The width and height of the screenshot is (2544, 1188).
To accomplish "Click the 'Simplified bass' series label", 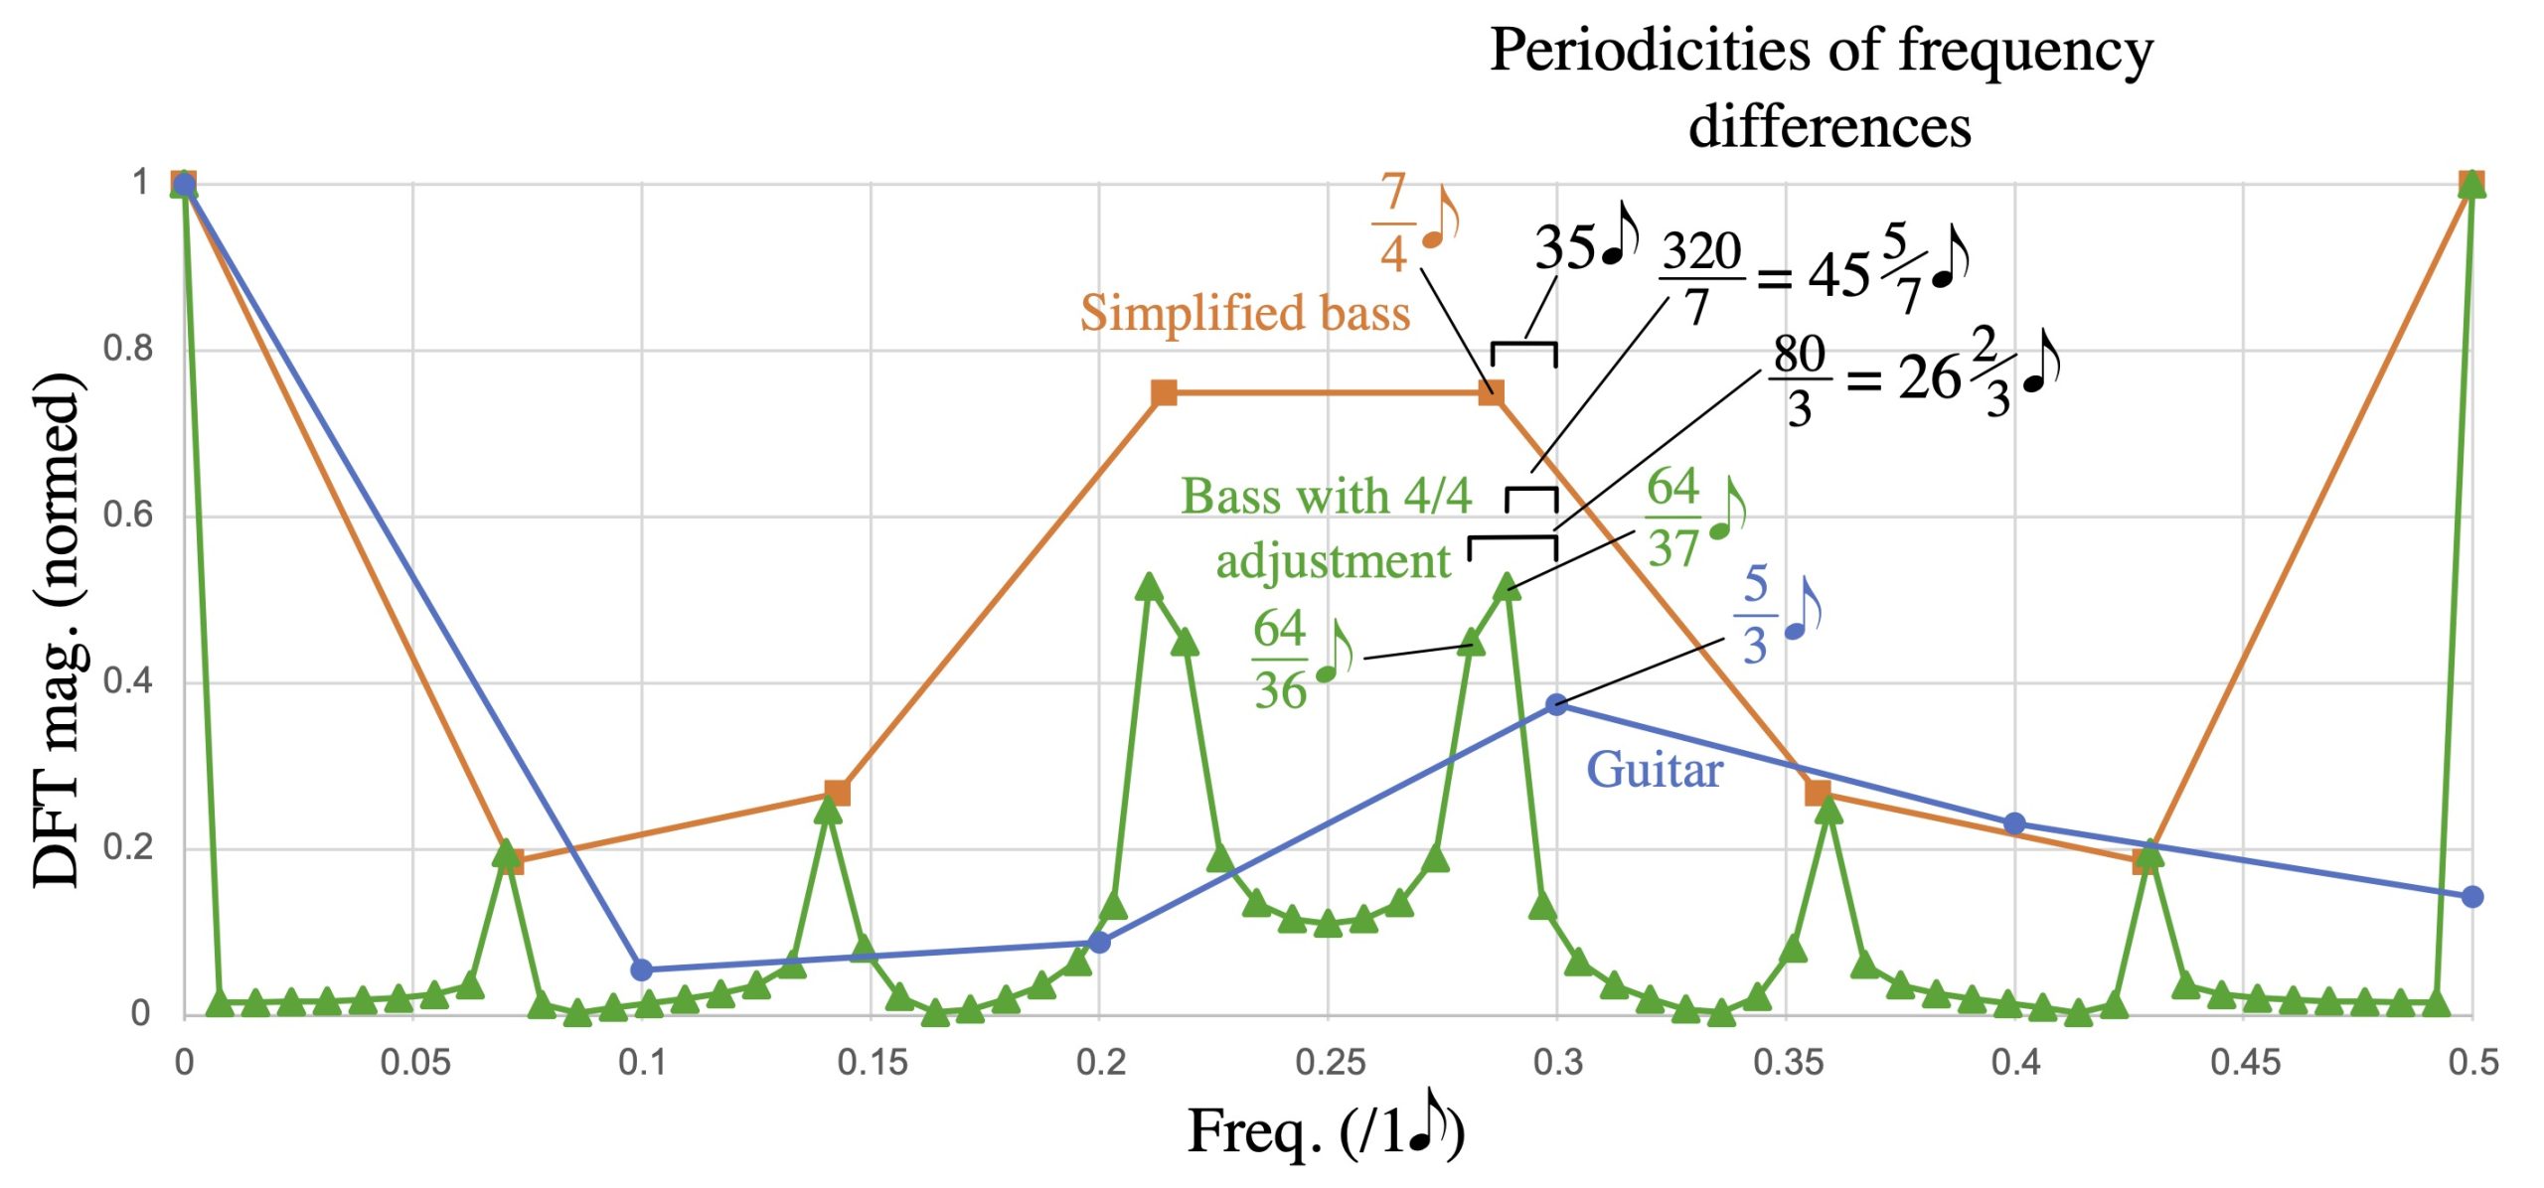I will [x=1244, y=313].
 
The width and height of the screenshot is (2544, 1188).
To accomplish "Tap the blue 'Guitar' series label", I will [x=1654, y=770].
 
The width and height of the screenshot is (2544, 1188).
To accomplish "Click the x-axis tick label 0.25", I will [x=1329, y=1063].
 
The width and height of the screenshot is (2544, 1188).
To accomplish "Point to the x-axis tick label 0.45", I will [x=2244, y=1063].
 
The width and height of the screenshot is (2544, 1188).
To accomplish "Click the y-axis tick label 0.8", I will [x=126, y=349].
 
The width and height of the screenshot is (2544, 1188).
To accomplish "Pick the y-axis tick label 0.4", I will [x=126, y=681].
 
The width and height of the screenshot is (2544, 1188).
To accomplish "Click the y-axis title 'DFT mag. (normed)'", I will [x=56, y=630].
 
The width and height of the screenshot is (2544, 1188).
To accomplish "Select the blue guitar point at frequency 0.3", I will [x=1557, y=704].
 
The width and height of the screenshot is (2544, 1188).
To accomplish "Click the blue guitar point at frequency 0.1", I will [x=642, y=969].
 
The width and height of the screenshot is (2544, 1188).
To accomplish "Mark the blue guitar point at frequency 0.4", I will [x=2014, y=823].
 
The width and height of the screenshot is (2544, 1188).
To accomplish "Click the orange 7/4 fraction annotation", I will [x=1393, y=222].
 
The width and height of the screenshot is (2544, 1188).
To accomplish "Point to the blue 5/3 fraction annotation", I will [x=1756, y=614].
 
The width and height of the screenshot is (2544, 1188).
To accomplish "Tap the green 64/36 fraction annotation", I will [x=1279, y=660].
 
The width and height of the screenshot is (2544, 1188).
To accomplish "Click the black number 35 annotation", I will [x=1564, y=247].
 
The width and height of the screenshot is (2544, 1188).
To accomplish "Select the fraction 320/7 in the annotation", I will [x=1701, y=278].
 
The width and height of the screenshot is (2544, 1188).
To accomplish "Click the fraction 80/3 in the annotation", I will [x=1799, y=380].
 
